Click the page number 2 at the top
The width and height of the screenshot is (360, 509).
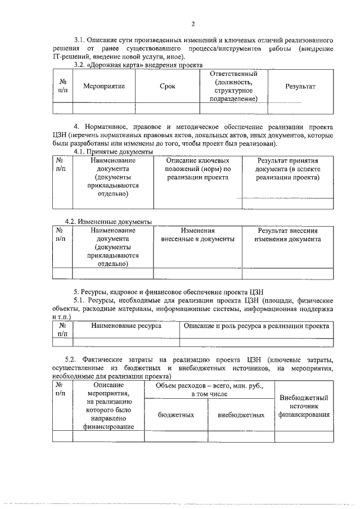click(192, 24)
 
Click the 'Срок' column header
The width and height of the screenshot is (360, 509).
click(167, 87)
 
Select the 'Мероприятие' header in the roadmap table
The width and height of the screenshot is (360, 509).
click(103, 87)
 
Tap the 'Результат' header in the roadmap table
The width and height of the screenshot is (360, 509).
click(300, 87)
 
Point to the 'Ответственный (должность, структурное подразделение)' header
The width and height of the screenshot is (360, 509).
click(233, 87)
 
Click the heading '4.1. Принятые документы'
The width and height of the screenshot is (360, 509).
click(113, 152)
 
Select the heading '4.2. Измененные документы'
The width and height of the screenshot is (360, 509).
click(114, 222)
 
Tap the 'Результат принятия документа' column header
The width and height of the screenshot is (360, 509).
click(287, 169)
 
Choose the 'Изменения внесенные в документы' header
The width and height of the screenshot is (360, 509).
click(197, 235)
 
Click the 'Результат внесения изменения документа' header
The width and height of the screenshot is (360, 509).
click(287, 235)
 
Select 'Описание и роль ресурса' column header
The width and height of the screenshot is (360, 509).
click(256, 326)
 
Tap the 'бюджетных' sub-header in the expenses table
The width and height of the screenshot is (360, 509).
click(176, 415)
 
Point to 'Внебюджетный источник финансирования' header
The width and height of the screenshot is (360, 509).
click(304, 406)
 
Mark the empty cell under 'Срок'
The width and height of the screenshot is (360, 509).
click(167, 108)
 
